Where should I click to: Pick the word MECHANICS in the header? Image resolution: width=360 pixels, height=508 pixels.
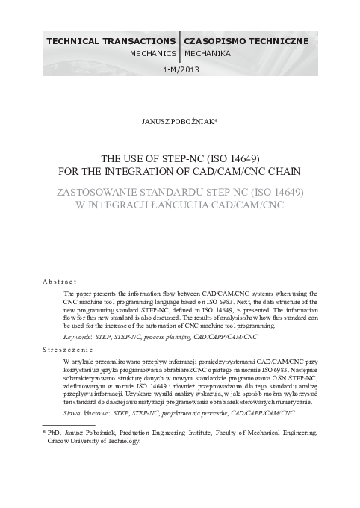click(x=152, y=54)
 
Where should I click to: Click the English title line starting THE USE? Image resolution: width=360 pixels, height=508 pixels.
click(x=180, y=158)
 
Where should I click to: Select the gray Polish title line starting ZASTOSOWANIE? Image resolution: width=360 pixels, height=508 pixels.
click(x=180, y=192)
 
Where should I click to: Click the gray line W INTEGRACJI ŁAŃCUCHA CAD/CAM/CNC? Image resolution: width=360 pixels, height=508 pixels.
click(x=180, y=205)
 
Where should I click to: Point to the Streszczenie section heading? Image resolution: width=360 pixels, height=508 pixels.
click(x=67, y=349)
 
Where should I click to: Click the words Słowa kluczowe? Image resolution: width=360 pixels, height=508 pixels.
click(x=87, y=412)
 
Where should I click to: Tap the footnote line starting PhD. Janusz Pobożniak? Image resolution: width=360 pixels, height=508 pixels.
click(x=180, y=432)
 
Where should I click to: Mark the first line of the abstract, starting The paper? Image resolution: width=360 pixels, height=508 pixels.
click(x=190, y=295)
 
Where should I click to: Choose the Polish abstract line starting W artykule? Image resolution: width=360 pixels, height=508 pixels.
click(x=190, y=362)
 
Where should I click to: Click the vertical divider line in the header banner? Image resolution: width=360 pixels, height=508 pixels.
click(x=180, y=46)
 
